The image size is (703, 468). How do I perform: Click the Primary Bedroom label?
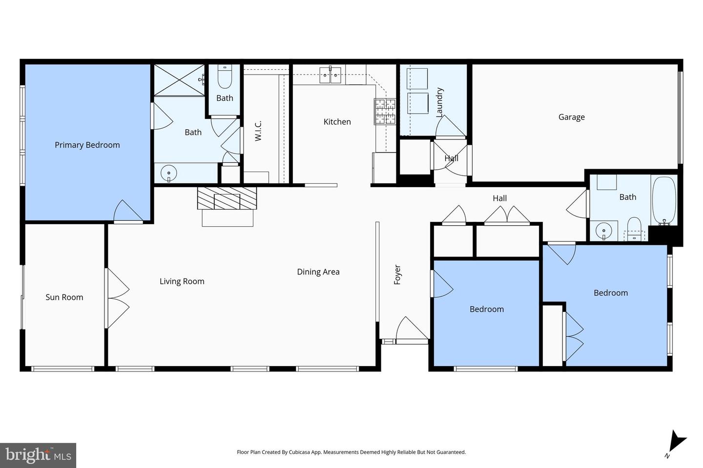click(x=87, y=145)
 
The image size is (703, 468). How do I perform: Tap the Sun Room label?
click(x=64, y=297)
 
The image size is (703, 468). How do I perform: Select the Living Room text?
click(x=182, y=281)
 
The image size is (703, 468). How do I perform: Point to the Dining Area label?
click(x=318, y=272)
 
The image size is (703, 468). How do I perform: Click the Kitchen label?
click(x=337, y=122)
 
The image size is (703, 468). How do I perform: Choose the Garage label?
click(x=571, y=117)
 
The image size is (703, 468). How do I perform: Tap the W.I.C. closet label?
click(x=258, y=131)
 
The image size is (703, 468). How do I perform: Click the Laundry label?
click(x=439, y=102)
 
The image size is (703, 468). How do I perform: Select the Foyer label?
click(x=397, y=275)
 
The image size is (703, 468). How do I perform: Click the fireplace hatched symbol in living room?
click(x=227, y=198)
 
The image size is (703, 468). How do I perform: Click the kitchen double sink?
click(x=330, y=75)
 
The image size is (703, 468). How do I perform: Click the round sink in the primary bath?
click(x=169, y=173)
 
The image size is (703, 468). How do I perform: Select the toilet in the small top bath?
click(x=225, y=78)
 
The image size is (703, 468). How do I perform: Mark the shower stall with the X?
click(x=179, y=80)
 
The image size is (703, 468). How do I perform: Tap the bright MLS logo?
click(x=38, y=455)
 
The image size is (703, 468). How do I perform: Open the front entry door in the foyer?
click(x=411, y=331)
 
